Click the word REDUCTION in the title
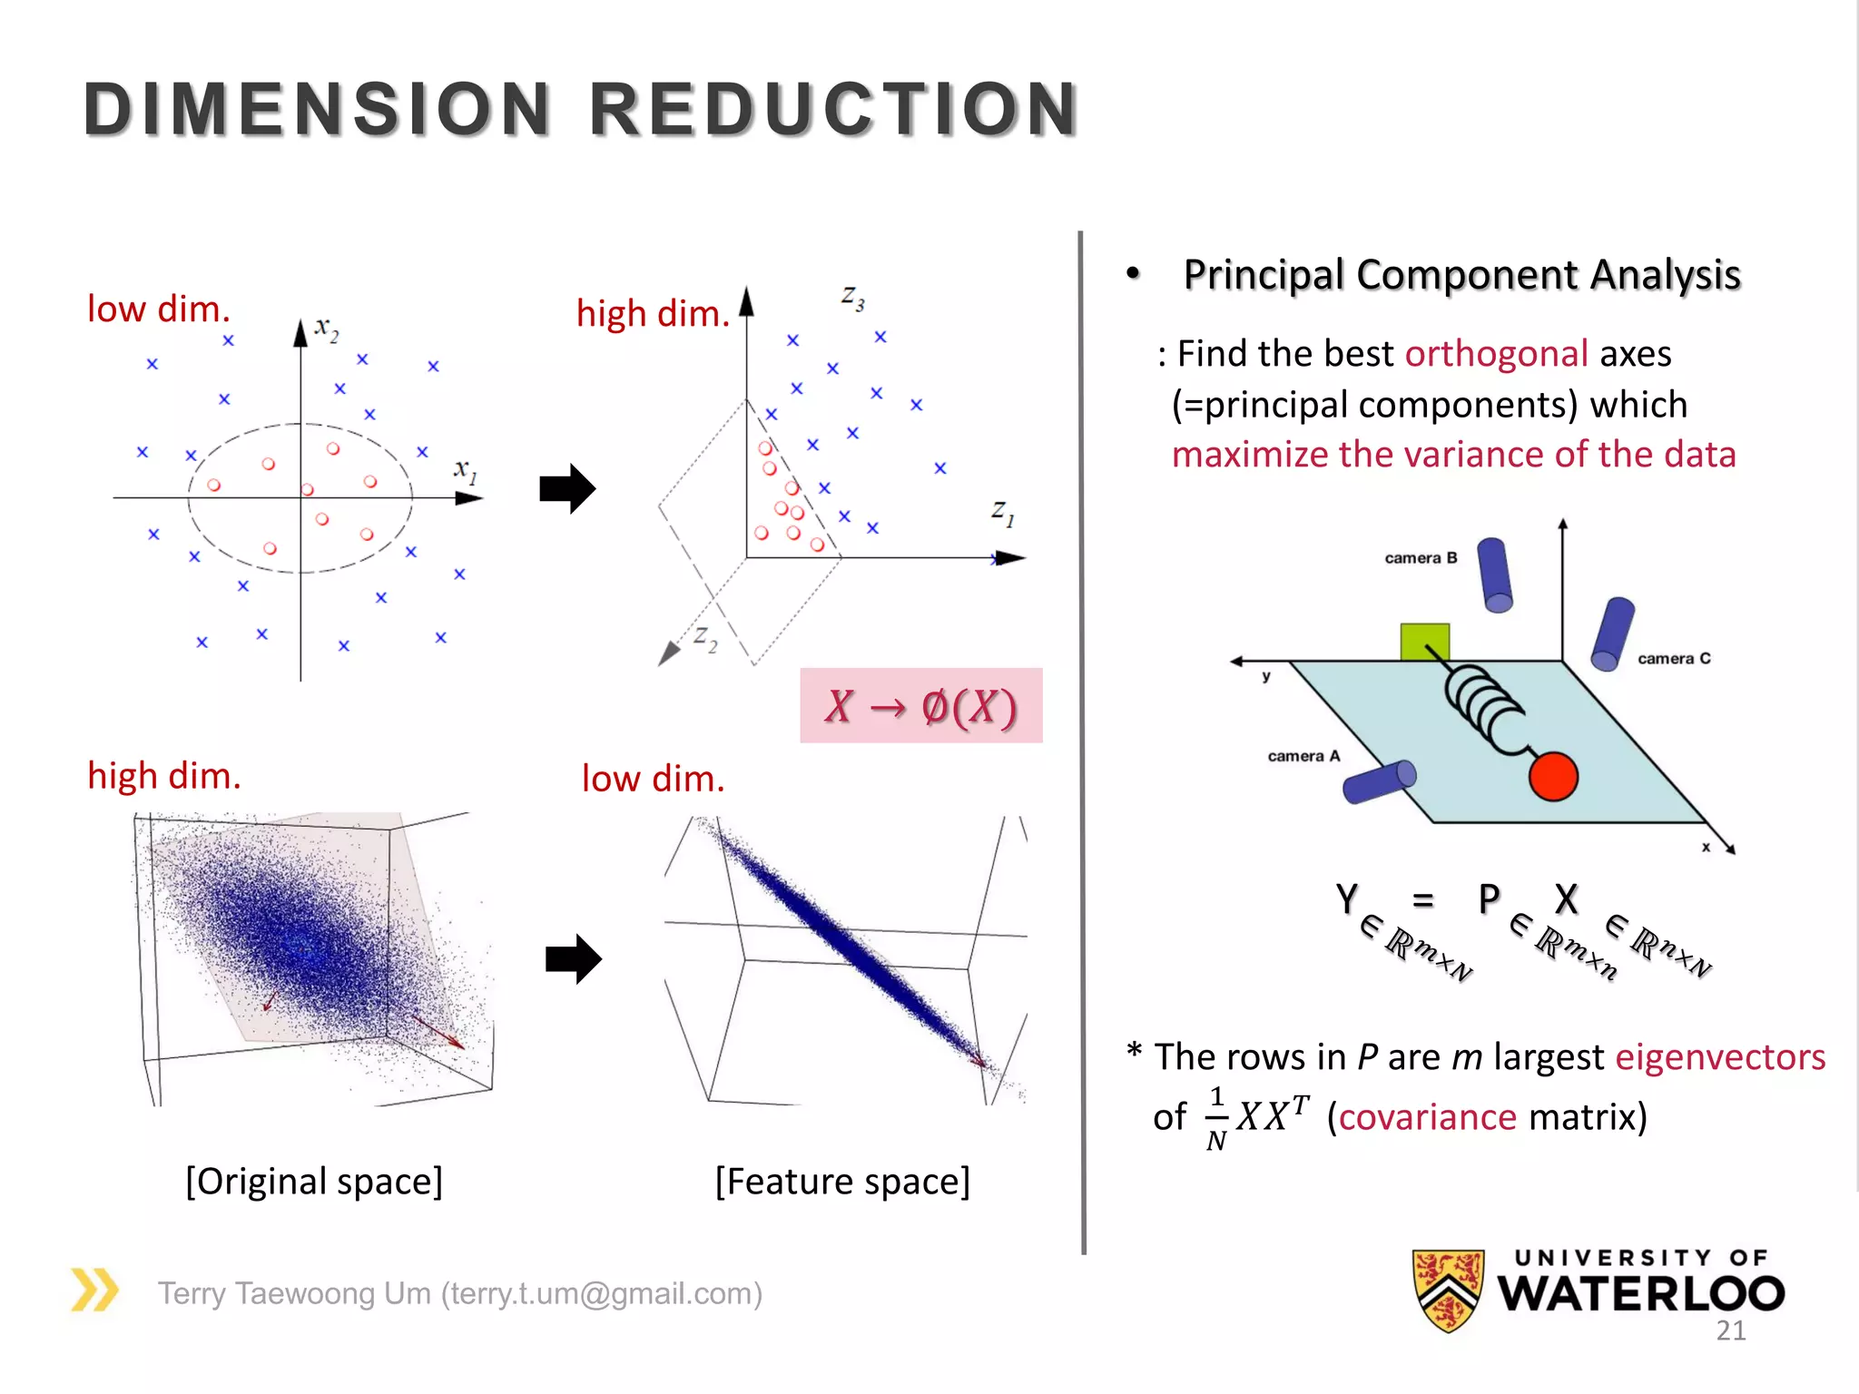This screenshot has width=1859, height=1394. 833,110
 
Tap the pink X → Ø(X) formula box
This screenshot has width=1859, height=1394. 920,706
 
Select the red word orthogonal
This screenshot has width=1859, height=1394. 1496,354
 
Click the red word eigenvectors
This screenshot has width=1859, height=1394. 1720,1057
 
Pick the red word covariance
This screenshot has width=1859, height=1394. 1427,1117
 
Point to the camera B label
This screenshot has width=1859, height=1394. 1421,558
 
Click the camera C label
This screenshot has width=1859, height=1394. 1674,659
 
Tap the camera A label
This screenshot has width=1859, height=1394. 1303,756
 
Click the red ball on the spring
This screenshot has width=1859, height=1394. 1553,777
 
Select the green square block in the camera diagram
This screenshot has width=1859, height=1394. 1424,641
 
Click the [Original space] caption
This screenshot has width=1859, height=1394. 314,1182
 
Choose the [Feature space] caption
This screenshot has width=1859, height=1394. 842,1182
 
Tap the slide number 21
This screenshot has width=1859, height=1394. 1730,1330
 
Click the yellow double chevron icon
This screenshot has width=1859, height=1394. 94,1290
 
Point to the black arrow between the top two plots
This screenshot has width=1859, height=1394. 567,489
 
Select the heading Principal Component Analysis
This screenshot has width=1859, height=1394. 1461,275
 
